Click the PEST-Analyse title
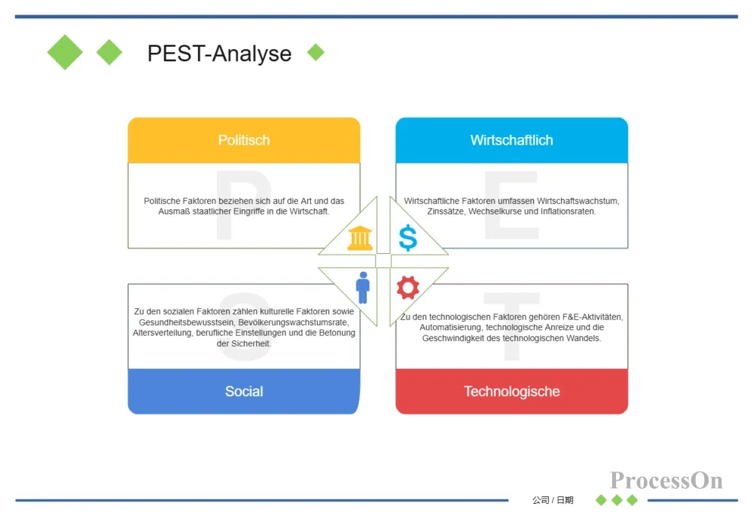(x=219, y=53)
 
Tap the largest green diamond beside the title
(x=65, y=53)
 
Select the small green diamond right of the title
(x=316, y=52)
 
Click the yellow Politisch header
(x=244, y=140)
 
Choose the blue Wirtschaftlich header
(x=511, y=140)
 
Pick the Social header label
(x=244, y=392)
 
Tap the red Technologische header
(x=511, y=392)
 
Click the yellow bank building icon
(x=360, y=238)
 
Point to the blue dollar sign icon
(x=407, y=238)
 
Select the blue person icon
(x=363, y=287)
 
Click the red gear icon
(x=407, y=287)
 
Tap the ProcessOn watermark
(x=666, y=480)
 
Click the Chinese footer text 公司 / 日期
(x=553, y=500)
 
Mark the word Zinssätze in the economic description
(x=445, y=212)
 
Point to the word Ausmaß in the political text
(x=174, y=212)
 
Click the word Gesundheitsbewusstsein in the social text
(x=186, y=322)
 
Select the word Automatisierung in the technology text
(x=450, y=327)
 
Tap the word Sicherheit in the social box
(x=252, y=343)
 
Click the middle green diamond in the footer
(x=617, y=500)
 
